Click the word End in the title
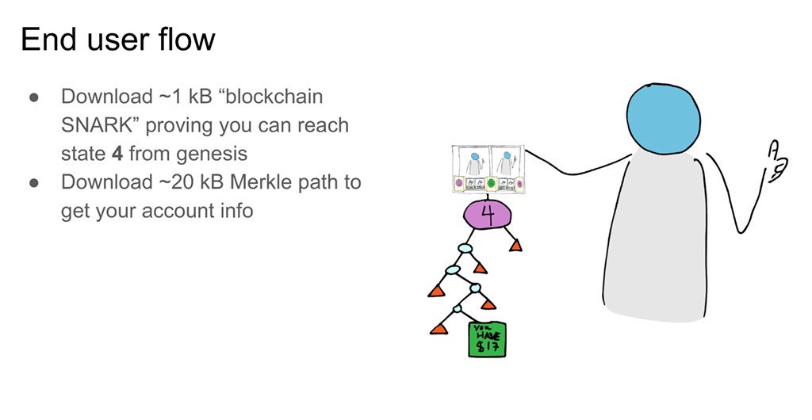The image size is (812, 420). tap(47, 40)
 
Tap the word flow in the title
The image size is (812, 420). tap(185, 40)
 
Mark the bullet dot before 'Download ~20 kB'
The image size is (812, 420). tap(35, 182)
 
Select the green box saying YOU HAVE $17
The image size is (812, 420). tap(487, 339)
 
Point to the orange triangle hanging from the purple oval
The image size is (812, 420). tap(515, 246)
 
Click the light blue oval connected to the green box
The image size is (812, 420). tap(458, 308)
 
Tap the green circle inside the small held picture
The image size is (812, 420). tap(491, 185)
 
